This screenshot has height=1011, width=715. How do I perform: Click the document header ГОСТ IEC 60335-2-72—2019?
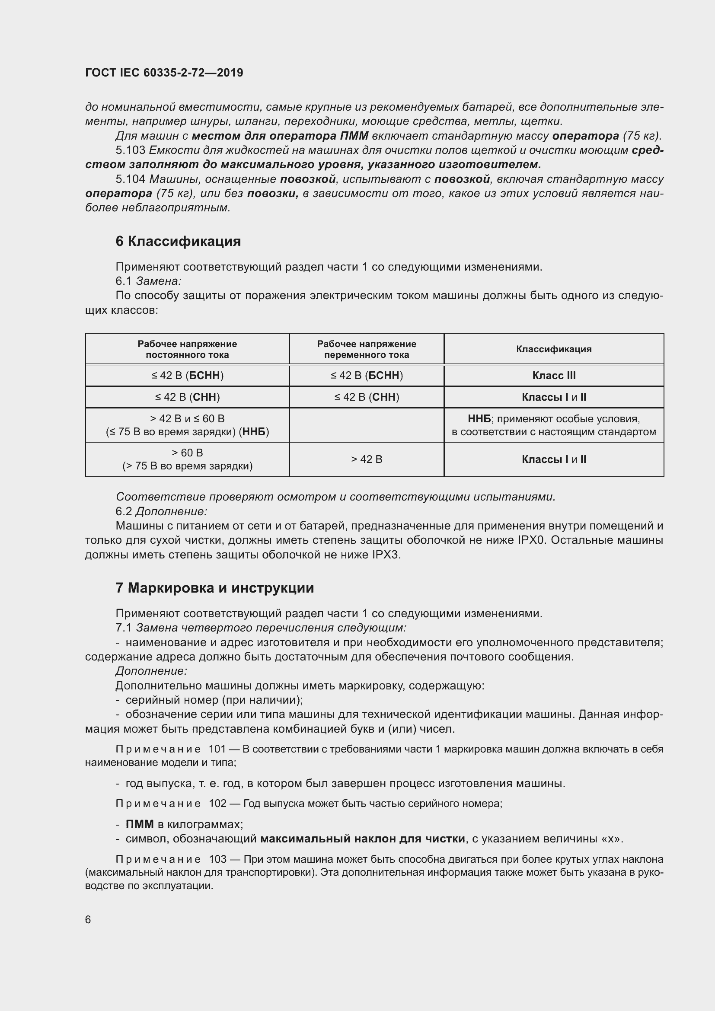(164, 73)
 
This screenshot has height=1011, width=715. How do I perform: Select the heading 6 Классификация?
(178, 241)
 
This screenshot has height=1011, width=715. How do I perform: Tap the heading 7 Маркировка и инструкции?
(214, 588)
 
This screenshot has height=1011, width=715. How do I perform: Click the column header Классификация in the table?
(553, 349)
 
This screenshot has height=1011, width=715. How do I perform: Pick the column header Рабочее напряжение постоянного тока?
(187, 349)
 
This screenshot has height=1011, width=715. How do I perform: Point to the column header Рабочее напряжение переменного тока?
(366, 349)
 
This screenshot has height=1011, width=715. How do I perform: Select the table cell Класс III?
(553, 376)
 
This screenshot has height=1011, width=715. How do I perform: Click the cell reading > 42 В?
(366, 459)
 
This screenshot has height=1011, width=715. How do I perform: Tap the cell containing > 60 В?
(187, 453)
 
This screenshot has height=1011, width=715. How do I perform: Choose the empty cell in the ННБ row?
(366, 425)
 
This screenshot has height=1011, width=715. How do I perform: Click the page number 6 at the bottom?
(88, 919)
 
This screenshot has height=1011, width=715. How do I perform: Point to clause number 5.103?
(130, 150)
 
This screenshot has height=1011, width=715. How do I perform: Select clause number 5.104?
(130, 179)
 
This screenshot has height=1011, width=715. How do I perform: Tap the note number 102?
(217, 804)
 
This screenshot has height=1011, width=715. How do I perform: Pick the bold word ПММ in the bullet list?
(140, 824)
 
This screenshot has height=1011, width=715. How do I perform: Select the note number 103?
(217, 860)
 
